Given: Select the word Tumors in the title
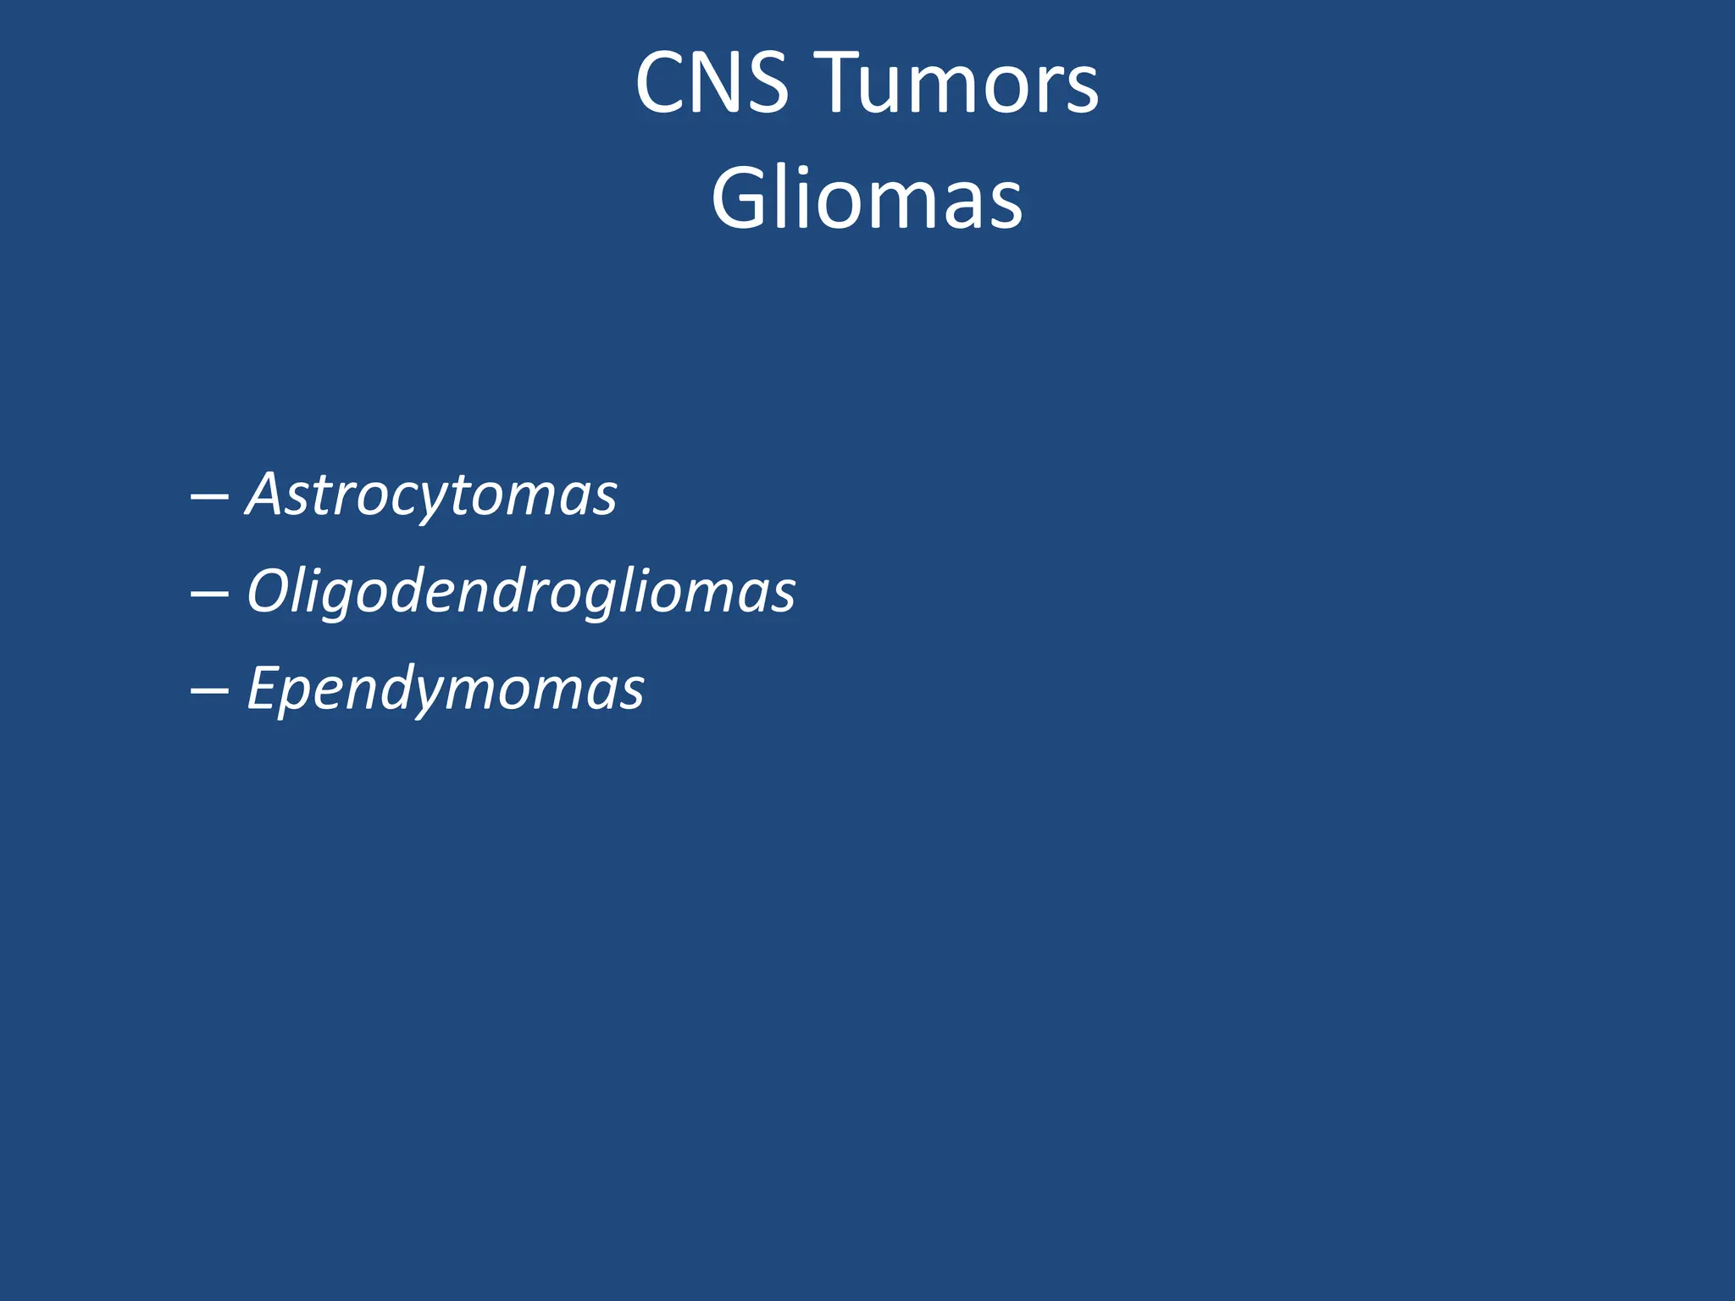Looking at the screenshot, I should click(x=961, y=83).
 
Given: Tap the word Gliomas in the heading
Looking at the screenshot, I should click(x=867, y=199).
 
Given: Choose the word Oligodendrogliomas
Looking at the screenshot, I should click(x=521, y=591).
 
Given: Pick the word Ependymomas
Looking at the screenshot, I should click(x=446, y=689).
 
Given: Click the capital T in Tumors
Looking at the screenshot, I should click(x=847, y=83).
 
